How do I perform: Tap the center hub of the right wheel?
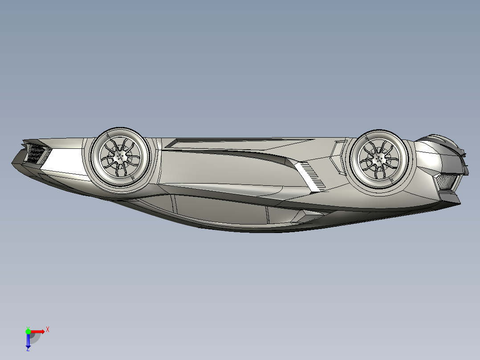coord(379,159)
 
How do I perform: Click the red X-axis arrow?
coord(37,331)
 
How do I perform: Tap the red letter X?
coord(47,329)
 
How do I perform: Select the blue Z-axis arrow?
coord(28,340)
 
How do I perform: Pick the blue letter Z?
coord(28,349)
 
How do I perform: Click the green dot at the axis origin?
coord(28,331)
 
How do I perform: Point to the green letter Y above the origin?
coord(28,327)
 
